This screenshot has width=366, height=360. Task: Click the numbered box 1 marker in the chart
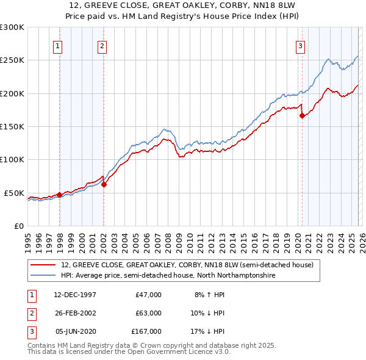click(57, 45)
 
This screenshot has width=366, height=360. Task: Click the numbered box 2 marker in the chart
click(102, 45)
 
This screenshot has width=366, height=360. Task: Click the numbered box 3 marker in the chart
click(301, 45)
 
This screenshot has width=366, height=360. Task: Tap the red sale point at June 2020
click(301, 115)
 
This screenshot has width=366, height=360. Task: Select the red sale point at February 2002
click(104, 184)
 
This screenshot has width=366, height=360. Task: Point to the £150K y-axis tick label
click(12, 126)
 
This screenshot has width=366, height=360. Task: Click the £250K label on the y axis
click(12, 60)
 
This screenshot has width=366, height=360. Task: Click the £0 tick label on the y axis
click(19, 226)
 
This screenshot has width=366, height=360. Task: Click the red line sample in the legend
click(43, 265)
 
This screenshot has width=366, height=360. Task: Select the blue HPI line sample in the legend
click(43, 276)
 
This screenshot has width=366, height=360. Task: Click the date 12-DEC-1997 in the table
click(75, 295)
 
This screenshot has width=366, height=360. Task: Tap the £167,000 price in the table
click(146, 331)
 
